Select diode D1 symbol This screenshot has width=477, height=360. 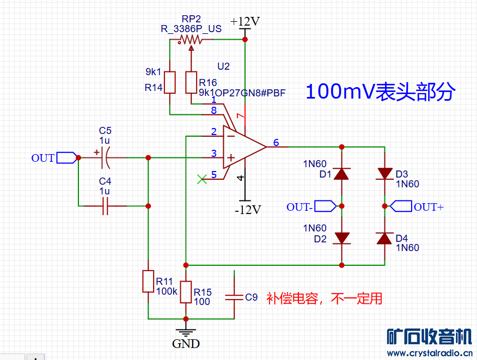point(341,174)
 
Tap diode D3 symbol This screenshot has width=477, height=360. point(385,174)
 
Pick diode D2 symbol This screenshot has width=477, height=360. point(341,238)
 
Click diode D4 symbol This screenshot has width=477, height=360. point(385,238)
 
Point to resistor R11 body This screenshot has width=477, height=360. point(148,281)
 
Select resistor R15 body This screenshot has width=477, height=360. point(186,292)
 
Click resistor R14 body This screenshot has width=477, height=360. point(170,82)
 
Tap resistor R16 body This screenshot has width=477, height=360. point(191,82)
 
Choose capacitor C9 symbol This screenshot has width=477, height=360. point(234,297)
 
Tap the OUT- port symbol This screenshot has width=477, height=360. point(326,206)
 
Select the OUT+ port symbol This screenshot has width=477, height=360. point(401,206)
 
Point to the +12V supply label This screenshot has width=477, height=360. point(244,22)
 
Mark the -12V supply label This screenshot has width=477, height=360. point(248,210)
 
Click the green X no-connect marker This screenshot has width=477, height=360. point(202,179)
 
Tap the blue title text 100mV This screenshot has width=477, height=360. point(338,91)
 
